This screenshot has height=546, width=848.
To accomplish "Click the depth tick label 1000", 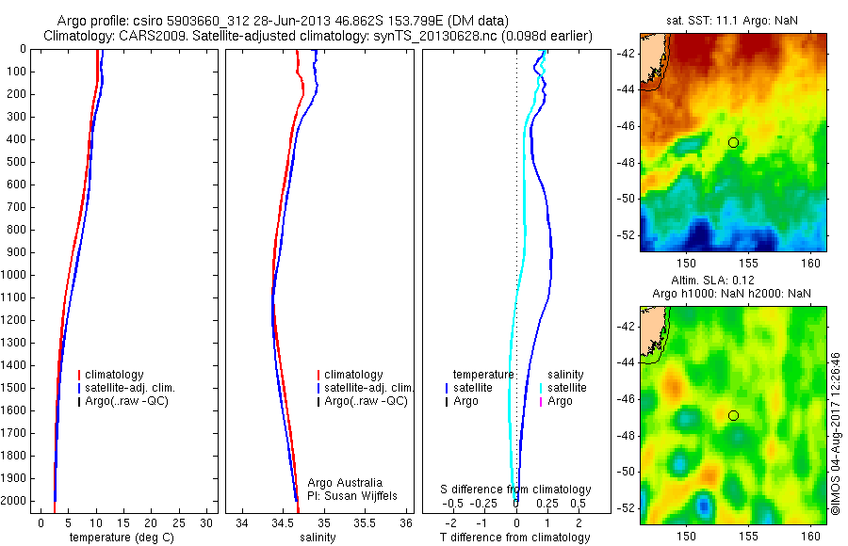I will click(15, 275).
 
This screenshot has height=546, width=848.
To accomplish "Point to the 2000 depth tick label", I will click(15, 501).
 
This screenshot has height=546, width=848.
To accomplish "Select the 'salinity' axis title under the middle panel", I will click(317, 538).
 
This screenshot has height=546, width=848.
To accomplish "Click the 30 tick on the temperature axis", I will click(207, 522).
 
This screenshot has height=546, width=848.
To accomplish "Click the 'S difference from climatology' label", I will click(516, 490).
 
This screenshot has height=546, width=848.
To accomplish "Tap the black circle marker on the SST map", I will click(733, 142).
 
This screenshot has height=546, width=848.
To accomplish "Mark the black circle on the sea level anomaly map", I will click(733, 415).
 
